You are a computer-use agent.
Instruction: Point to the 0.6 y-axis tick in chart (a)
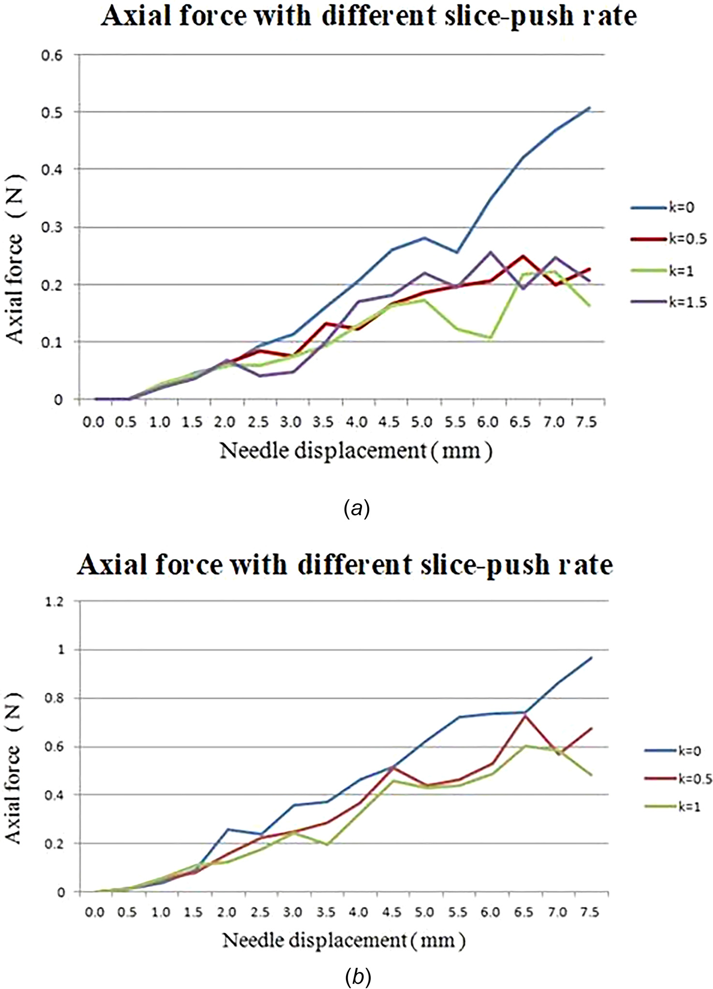[52, 55]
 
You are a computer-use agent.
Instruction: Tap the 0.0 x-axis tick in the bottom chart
[95, 913]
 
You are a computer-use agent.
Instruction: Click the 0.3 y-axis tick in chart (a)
[52, 227]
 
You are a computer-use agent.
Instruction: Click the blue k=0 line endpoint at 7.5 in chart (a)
[589, 108]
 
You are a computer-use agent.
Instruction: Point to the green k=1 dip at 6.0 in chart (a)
[490, 338]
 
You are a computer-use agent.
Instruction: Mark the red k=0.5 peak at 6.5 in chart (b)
[524, 716]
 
